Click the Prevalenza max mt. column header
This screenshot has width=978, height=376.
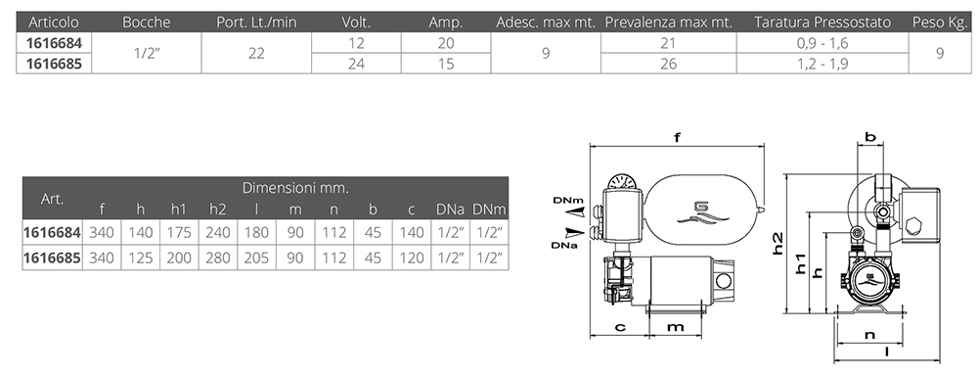(668, 23)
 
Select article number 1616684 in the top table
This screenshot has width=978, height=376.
(54, 43)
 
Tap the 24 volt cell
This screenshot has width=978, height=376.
(356, 64)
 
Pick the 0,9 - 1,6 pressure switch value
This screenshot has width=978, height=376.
(822, 44)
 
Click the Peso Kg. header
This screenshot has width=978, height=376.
(939, 23)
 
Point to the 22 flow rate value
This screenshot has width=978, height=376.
(256, 53)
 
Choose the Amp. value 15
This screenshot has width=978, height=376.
(446, 64)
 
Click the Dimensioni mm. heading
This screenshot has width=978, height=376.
(295, 187)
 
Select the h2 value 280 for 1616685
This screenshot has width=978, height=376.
(218, 258)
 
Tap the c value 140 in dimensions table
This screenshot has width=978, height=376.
(411, 233)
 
